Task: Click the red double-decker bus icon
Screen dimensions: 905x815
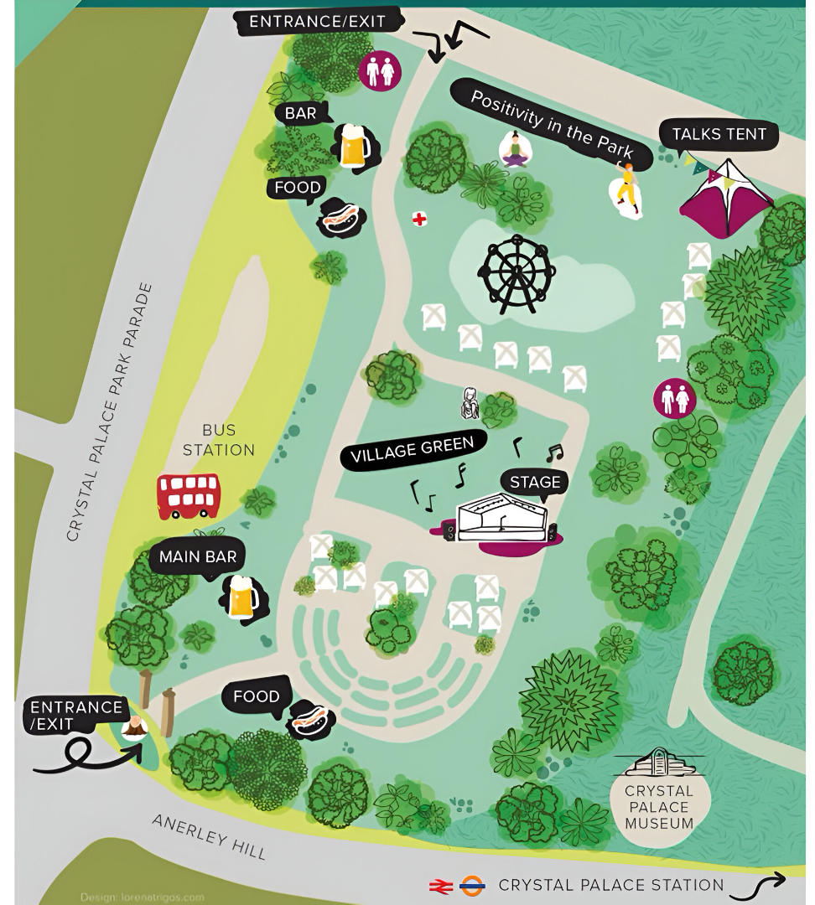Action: [189, 495]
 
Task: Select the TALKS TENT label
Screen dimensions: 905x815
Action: [719, 134]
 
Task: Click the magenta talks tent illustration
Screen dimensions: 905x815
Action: [726, 199]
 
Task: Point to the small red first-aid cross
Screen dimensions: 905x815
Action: [419, 220]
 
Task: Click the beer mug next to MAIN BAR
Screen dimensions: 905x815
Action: [243, 597]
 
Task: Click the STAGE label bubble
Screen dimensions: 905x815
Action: [535, 482]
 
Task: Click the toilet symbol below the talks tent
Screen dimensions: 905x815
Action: [675, 399]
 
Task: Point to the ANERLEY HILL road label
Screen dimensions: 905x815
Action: [210, 835]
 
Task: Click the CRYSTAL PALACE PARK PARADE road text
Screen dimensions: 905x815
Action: [110, 411]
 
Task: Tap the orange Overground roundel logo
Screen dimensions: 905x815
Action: [472, 885]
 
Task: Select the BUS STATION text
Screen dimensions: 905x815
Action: [219, 440]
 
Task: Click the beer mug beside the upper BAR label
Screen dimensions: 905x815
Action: [354, 146]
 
